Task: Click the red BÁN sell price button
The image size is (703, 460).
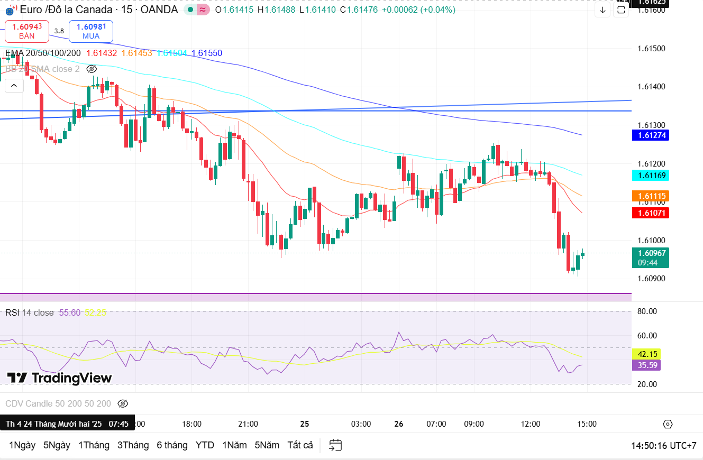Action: (x=26, y=31)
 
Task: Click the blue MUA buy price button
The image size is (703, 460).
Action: (x=90, y=31)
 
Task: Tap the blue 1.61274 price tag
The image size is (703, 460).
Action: (x=650, y=135)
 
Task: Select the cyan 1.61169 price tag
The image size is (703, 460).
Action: (x=650, y=175)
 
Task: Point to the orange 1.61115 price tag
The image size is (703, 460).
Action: (x=650, y=196)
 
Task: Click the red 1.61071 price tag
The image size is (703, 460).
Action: (x=650, y=213)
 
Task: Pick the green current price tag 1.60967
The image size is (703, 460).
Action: (x=650, y=257)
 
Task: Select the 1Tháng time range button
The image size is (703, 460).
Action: (x=94, y=445)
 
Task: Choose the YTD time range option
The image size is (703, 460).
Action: (x=205, y=445)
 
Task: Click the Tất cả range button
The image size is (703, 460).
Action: (x=300, y=445)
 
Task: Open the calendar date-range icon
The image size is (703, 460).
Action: (x=335, y=445)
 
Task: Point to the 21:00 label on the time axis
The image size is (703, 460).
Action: (x=248, y=424)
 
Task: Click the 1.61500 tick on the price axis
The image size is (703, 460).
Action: (x=651, y=49)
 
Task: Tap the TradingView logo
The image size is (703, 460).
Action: (x=59, y=378)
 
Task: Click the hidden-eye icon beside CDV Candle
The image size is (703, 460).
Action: (x=123, y=404)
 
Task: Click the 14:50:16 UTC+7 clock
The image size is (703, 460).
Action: (x=663, y=445)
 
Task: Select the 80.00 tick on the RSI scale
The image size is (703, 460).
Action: (x=647, y=311)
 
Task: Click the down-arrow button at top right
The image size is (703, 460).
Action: (x=602, y=10)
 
